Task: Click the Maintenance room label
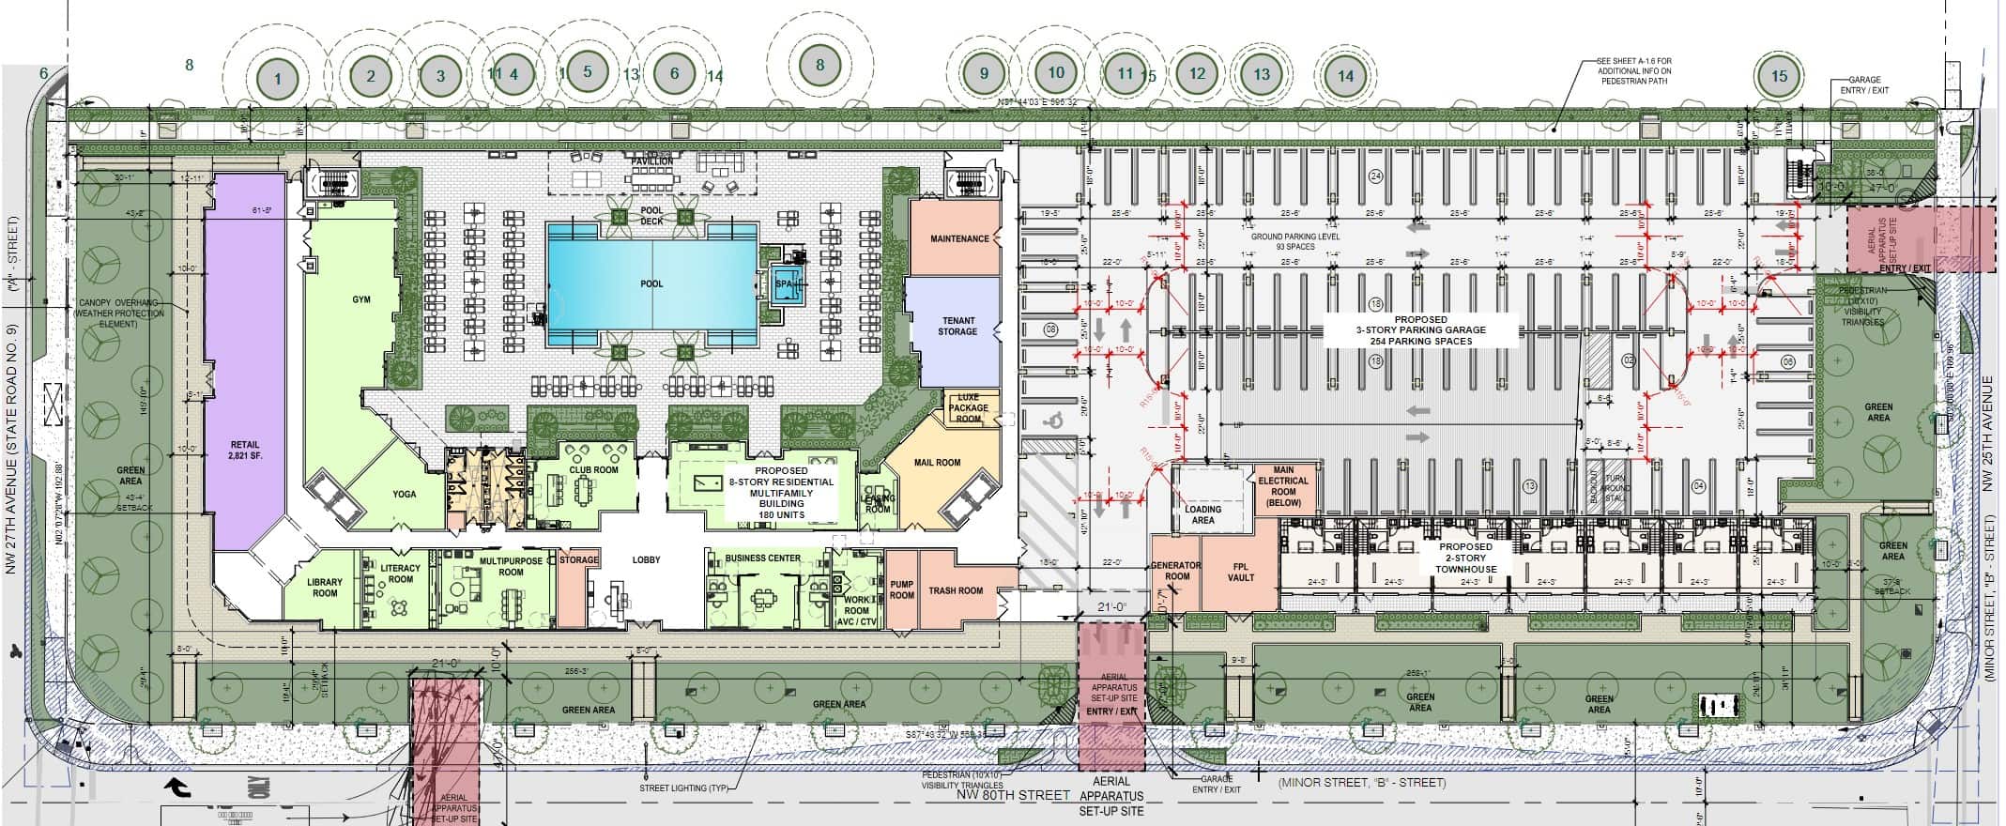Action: point(958,238)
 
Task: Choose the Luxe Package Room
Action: point(968,408)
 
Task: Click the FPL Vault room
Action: point(1240,573)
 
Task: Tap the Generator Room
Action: point(1176,571)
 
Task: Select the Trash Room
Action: point(955,590)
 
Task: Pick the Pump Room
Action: point(901,589)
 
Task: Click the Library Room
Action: point(325,588)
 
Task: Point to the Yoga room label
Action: point(404,494)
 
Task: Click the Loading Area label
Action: point(1202,514)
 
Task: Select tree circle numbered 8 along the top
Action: point(819,66)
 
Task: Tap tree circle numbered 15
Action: point(1779,76)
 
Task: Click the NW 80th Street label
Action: point(1013,795)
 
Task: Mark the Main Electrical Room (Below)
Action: point(1282,486)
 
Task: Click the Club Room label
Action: point(593,469)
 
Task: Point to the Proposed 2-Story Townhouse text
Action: point(1465,558)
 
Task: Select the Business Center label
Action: point(762,558)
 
